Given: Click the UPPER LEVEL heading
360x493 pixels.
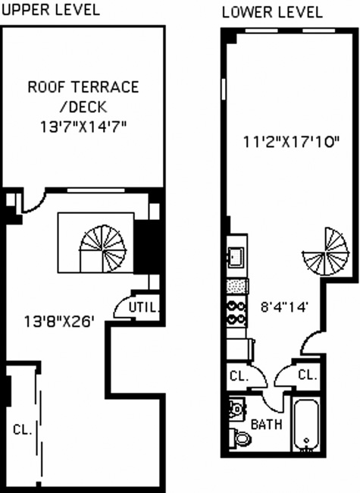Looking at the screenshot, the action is coord(51,9).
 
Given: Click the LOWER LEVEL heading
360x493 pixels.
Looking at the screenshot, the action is coord(272,12).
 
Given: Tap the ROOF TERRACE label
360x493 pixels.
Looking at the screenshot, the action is coord(83,86).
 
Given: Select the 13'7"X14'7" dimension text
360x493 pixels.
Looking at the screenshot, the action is coord(83,127).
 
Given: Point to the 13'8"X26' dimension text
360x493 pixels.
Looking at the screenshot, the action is coord(59,322).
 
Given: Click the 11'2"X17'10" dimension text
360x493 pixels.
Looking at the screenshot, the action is coord(292,142).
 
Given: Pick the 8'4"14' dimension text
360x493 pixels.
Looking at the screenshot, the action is coord(283,306).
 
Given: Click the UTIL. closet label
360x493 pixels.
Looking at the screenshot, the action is coord(144,307).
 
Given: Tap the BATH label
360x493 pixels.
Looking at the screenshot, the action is coord(266,425).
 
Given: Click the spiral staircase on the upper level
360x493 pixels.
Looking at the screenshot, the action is coord(103,248).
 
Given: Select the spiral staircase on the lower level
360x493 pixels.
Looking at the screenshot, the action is coord(325,252).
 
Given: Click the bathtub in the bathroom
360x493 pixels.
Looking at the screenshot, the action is coord(306,425).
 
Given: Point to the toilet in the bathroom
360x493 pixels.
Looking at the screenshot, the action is coord(240,438).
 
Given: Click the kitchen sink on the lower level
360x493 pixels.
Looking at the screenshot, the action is coord(236,257).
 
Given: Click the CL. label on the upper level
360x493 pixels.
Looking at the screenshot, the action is coord(23,430).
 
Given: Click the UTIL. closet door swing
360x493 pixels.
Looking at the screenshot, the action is coord(122,307).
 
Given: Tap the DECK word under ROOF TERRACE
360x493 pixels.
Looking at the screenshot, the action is coord(83,107).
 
